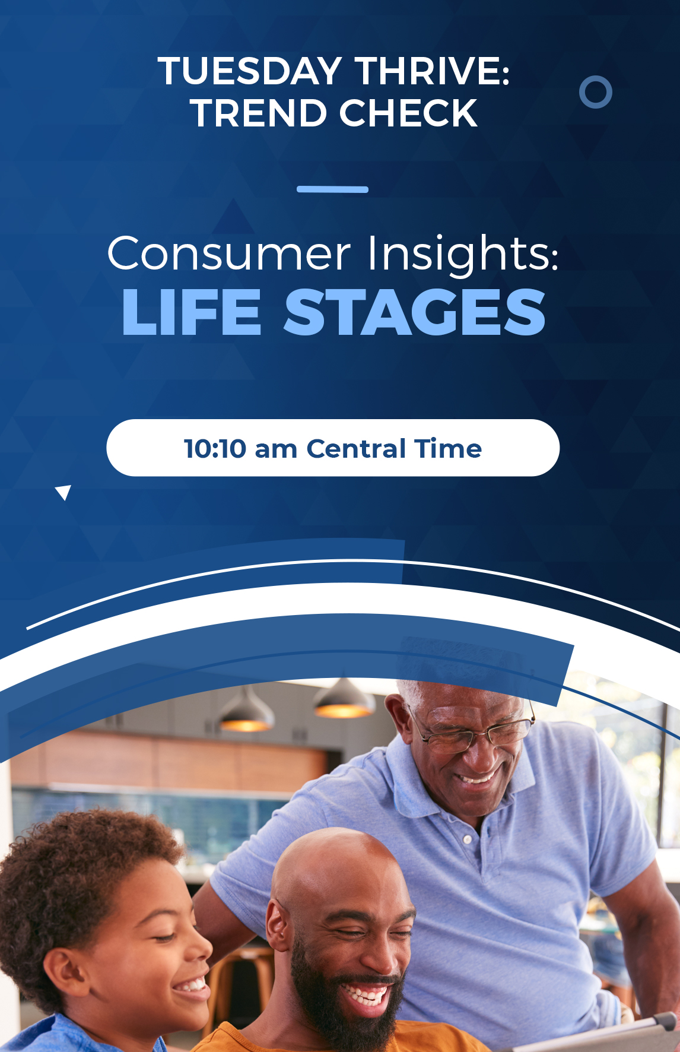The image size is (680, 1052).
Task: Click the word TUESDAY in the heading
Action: click(250, 71)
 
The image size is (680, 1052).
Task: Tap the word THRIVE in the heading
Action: click(432, 71)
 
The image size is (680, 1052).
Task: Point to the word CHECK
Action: click(409, 113)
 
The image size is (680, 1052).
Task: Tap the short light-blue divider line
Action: click(332, 189)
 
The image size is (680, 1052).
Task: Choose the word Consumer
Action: click(229, 254)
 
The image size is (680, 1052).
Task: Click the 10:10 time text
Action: click(215, 449)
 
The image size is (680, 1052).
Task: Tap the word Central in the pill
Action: click(356, 449)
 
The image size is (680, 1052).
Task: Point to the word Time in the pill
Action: click(448, 449)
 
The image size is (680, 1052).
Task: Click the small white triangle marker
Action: click(64, 492)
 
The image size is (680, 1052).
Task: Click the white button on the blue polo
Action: click(468, 839)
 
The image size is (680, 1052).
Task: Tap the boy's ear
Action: click(66, 974)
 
